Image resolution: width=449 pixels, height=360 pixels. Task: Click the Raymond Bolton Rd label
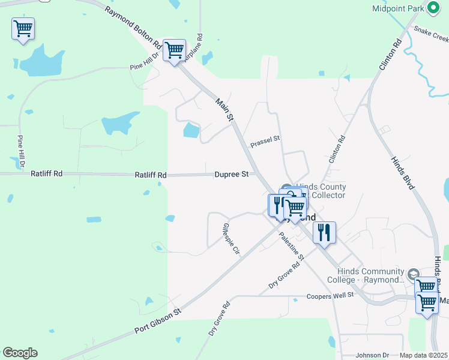tap(133, 28)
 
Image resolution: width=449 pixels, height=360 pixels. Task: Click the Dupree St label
tap(231, 175)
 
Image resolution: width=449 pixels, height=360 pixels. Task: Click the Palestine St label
tap(292, 246)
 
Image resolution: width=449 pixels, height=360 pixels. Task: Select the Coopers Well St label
tap(331, 295)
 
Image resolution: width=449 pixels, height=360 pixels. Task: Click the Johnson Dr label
tap(373, 355)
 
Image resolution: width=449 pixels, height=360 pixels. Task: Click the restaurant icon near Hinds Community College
tap(324, 233)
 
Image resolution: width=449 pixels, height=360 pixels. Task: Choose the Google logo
tap(20, 353)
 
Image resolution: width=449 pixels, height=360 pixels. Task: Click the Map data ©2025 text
tap(424, 355)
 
